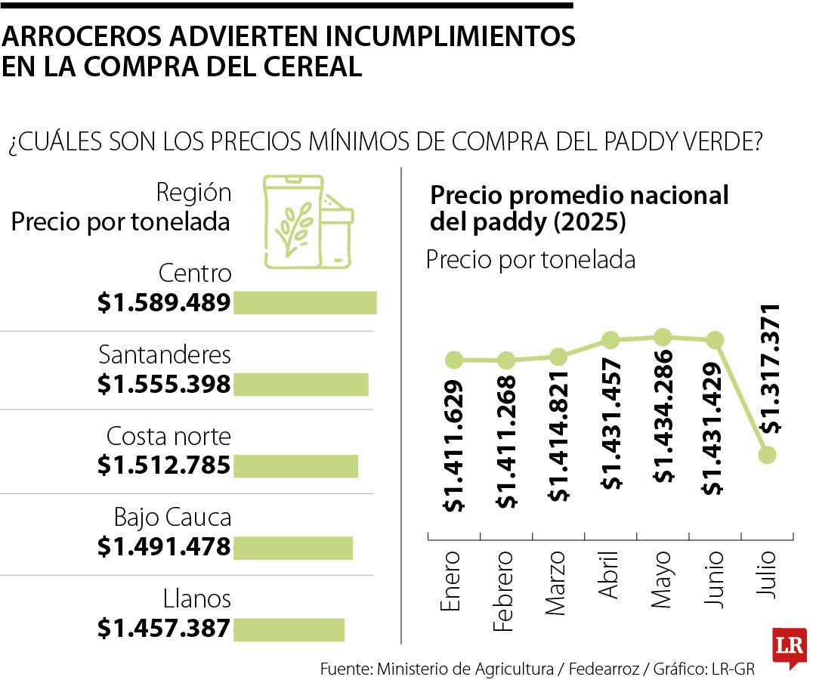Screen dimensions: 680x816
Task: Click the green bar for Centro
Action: click(304, 302)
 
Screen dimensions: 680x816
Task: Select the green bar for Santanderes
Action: click(301, 385)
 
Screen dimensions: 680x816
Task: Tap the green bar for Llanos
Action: click(289, 629)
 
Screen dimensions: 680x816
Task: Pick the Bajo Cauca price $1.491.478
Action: click(163, 546)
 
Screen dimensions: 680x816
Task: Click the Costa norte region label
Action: click(168, 437)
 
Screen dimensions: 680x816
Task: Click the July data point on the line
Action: click(767, 455)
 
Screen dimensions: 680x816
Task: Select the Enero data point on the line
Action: click(453, 360)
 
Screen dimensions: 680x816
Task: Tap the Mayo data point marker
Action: click(663, 337)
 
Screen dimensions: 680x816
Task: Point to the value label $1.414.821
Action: click(559, 436)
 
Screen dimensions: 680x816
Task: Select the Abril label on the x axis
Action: click(610, 576)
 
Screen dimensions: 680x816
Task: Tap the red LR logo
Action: click(789, 647)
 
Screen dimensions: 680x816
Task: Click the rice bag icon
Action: click(306, 222)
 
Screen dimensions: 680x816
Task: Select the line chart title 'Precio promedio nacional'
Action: click(579, 195)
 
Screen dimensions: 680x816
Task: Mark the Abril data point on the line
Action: click(610, 340)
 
